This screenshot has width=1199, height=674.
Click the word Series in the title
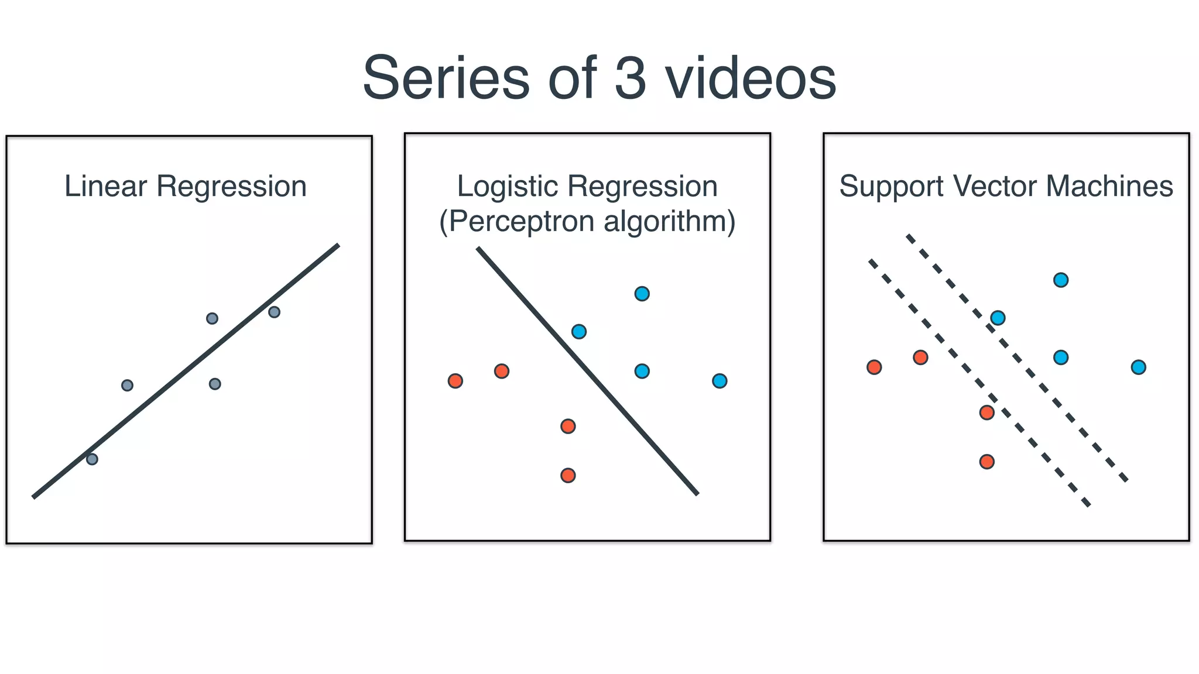pyautogui.click(x=446, y=78)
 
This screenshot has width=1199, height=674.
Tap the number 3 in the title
pyautogui.click(x=630, y=78)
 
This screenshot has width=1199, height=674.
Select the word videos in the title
pyautogui.click(x=751, y=78)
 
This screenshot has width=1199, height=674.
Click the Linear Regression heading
pyautogui.click(x=185, y=187)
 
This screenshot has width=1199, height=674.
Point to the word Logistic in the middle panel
pyautogui.click(x=507, y=187)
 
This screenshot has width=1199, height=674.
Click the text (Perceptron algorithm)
pyautogui.click(x=587, y=222)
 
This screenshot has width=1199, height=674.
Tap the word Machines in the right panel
pyautogui.click(x=1109, y=187)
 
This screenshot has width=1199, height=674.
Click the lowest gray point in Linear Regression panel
pyautogui.click(x=92, y=459)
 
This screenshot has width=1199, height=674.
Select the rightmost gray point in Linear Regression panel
pyautogui.click(x=274, y=312)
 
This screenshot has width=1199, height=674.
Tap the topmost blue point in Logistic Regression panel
pyautogui.click(x=642, y=294)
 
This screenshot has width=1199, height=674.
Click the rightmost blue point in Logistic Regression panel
pyautogui.click(x=720, y=381)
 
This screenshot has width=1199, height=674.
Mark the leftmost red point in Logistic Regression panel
pyautogui.click(x=455, y=381)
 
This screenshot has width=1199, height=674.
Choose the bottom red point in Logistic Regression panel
pyautogui.click(x=568, y=475)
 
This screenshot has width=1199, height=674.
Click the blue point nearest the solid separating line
pyautogui.click(x=578, y=332)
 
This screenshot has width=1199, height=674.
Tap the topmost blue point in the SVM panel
pyautogui.click(x=1061, y=280)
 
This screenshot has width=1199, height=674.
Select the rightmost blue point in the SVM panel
pyautogui.click(x=1138, y=367)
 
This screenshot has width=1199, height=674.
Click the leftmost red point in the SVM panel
pyautogui.click(x=874, y=367)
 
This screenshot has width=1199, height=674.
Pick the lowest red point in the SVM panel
pyautogui.click(x=986, y=462)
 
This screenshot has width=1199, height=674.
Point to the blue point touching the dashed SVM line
pyautogui.click(x=998, y=318)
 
